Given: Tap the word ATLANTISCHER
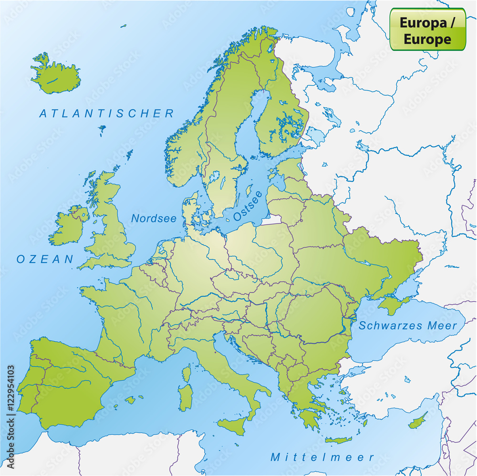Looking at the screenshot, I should pyautogui.click(x=107, y=113).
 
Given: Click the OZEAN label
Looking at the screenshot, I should pyautogui.click(x=45, y=259).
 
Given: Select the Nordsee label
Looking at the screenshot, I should pyautogui.click(x=154, y=219).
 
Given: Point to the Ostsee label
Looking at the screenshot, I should pyautogui.click(x=248, y=206).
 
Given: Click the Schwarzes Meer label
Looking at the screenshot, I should pyautogui.click(x=408, y=326).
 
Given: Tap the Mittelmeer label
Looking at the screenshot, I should pyautogui.click(x=322, y=457).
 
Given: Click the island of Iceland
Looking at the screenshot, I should pyautogui.click(x=56, y=75).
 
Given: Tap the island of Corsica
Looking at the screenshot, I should pyautogui.click(x=187, y=373).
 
